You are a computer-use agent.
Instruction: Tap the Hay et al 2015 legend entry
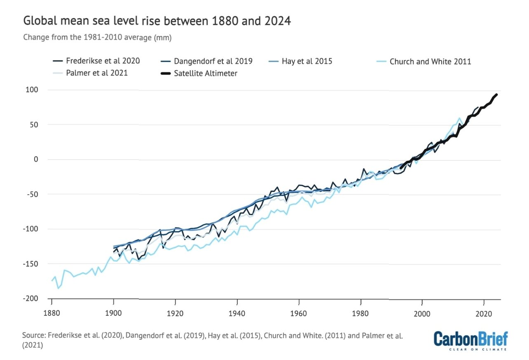click(307, 61)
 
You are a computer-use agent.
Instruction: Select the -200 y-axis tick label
click(35, 299)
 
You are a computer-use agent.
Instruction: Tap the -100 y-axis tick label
click(35, 229)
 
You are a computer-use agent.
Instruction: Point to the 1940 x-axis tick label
click(237, 313)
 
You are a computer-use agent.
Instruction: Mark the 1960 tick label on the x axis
click(299, 313)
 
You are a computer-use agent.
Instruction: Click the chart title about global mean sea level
click(157, 21)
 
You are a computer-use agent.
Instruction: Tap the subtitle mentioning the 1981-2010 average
click(97, 37)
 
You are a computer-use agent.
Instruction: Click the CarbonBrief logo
click(470, 340)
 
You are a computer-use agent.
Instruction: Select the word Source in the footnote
click(33, 336)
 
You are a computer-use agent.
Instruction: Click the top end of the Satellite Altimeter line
click(496, 94)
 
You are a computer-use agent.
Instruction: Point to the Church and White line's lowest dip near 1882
click(58, 288)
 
